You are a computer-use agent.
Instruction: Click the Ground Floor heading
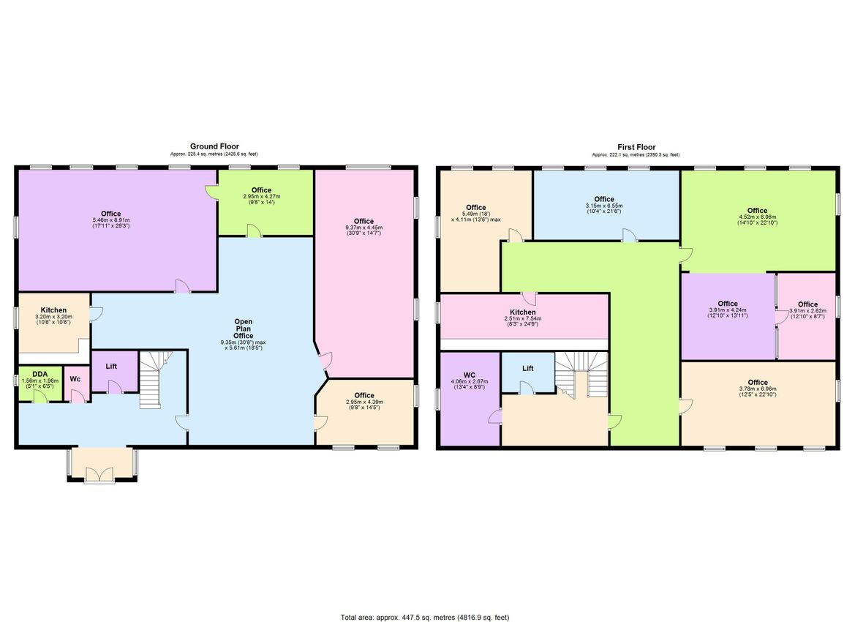point(214,146)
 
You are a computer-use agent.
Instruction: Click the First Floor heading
point(635,146)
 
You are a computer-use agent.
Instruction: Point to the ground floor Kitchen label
point(53,310)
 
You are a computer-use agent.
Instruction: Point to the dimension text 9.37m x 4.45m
point(364,228)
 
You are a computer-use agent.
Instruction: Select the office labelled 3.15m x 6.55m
point(604,203)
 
